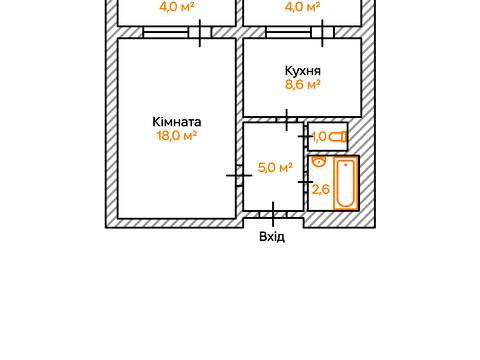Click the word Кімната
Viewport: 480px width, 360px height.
pos(176,122)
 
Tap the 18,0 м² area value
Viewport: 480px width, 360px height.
pos(176,136)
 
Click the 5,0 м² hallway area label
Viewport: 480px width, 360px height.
pos(274,168)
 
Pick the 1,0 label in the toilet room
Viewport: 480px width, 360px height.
pos(320,137)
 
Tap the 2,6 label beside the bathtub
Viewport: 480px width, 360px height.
pos(321,188)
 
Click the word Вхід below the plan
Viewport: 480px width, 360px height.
pos(272,237)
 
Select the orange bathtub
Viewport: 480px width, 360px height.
pos(345,183)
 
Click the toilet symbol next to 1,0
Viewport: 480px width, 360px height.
pos(341,136)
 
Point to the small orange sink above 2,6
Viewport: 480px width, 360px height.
pos(319,161)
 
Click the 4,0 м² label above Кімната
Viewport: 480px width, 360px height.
pos(176,7)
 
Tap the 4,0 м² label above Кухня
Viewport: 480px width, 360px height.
pos(301,7)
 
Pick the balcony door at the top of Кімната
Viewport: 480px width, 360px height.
pos(203,33)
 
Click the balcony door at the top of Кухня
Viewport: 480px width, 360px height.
pos(322,33)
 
